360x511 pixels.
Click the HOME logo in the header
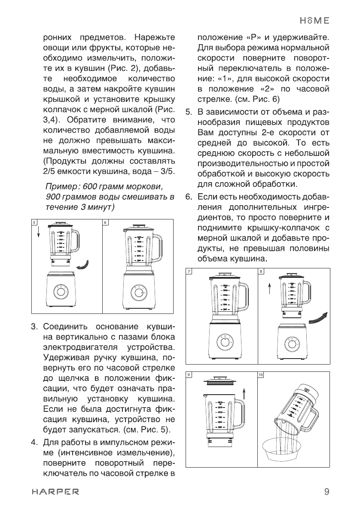coord(314,20)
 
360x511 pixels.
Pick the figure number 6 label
coord(105,222)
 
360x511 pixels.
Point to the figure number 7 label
coord(189,271)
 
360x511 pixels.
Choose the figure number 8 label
coord(260,271)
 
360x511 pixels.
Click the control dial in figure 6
coord(139,293)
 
